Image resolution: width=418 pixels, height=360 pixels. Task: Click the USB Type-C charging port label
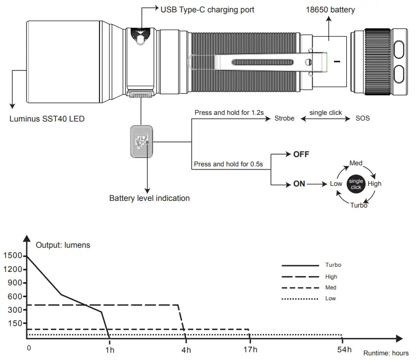tap(207, 9)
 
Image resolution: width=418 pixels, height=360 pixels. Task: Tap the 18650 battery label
tap(330, 10)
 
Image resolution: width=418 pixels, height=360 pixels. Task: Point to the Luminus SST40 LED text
tap(47, 119)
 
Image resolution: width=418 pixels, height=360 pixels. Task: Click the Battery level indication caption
tap(149, 198)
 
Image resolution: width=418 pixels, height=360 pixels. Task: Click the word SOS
tap(362, 118)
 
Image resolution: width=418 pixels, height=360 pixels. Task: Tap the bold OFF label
tap(301, 155)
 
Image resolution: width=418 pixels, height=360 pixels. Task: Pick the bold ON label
tap(299, 184)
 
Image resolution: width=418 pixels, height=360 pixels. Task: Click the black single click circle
tap(356, 184)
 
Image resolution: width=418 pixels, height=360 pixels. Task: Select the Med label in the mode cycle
tap(356, 163)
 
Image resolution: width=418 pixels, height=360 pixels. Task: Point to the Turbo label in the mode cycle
tap(358, 205)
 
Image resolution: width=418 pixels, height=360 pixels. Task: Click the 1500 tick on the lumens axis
tap(12, 256)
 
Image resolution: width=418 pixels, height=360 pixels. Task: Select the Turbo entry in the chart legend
tap(333, 265)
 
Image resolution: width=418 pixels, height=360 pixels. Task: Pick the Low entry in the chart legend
tap(331, 299)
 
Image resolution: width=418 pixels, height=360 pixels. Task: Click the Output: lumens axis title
tap(63, 245)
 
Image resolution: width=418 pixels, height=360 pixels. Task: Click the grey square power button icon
tap(140, 141)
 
